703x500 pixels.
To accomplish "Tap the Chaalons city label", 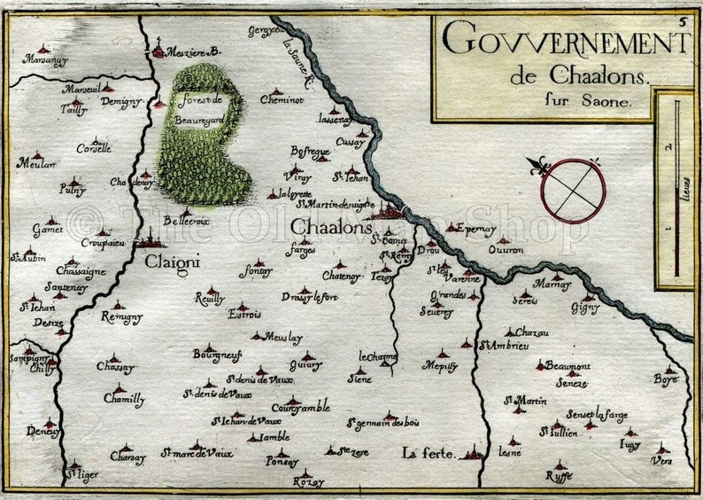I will [x=329, y=229].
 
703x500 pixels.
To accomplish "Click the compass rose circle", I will [x=574, y=191].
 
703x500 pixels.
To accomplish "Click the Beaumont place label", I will [x=568, y=365].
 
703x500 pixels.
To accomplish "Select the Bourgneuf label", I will [x=217, y=355].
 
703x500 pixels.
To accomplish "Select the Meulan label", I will [x=36, y=164].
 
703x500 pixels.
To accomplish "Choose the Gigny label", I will [x=585, y=308].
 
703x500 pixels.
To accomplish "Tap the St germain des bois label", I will [x=382, y=424].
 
